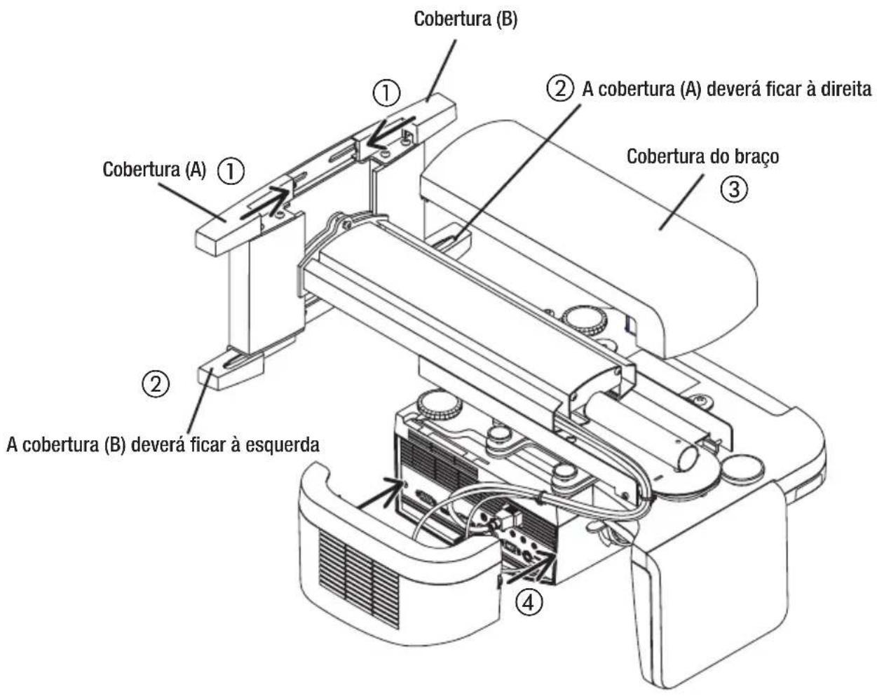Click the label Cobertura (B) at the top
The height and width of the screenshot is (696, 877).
(465, 19)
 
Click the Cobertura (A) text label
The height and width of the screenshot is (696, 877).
(154, 170)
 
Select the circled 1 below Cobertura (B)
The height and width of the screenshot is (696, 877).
(387, 93)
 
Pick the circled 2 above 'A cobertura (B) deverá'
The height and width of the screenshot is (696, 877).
(155, 383)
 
